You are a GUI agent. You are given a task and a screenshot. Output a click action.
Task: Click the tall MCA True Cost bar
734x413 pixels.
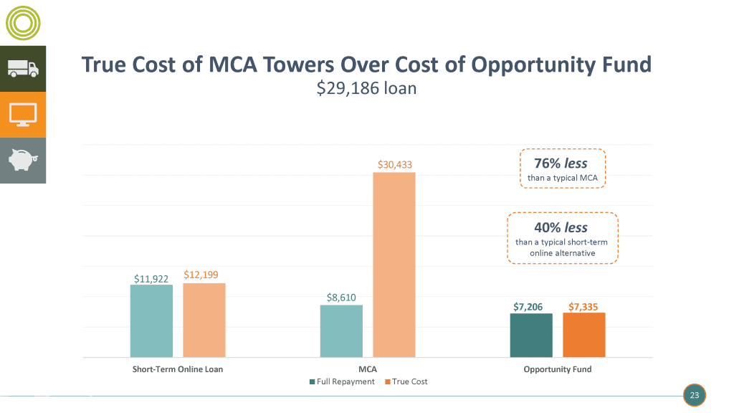click(x=394, y=265)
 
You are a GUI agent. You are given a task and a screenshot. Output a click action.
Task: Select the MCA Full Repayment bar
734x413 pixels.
click(x=341, y=331)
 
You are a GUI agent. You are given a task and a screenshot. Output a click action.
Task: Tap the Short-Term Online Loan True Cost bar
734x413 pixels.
click(x=204, y=320)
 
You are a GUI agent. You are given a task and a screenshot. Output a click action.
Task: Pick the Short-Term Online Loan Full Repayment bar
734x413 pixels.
click(x=151, y=321)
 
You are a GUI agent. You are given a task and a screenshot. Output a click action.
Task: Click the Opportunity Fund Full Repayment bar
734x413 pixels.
click(x=531, y=335)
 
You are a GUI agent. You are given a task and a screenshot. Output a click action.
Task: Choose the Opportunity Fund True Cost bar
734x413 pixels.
click(x=584, y=335)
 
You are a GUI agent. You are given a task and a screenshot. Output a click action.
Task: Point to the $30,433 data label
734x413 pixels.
click(x=395, y=165)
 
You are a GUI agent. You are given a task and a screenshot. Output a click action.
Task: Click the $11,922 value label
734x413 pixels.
click(x=151, y=278)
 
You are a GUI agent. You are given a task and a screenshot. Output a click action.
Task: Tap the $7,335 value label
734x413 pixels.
click(x=583, y=307)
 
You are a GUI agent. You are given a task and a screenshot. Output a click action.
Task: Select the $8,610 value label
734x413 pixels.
click(x=341, y=298)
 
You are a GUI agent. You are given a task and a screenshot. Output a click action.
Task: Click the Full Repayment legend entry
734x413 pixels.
click(x=342, y=381)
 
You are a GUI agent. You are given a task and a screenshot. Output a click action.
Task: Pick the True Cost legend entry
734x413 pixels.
click(x=406, y=381)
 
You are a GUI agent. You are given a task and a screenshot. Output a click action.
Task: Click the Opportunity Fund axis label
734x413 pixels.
click(x=557, y=369)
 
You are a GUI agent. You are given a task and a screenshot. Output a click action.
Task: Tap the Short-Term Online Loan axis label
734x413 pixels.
click(x=178, y=369)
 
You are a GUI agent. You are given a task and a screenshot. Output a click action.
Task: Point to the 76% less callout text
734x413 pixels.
click(x=563, y=164)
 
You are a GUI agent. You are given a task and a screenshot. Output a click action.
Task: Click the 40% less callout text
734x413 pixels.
click(x=563, y=227)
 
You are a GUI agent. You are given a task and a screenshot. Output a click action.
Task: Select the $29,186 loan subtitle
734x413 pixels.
click(x=366, y=89)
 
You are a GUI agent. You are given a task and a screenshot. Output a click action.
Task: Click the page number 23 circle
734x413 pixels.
click(x=694, y=395)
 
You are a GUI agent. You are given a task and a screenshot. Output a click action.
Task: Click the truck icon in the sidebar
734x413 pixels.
click(x=23, y=69)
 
